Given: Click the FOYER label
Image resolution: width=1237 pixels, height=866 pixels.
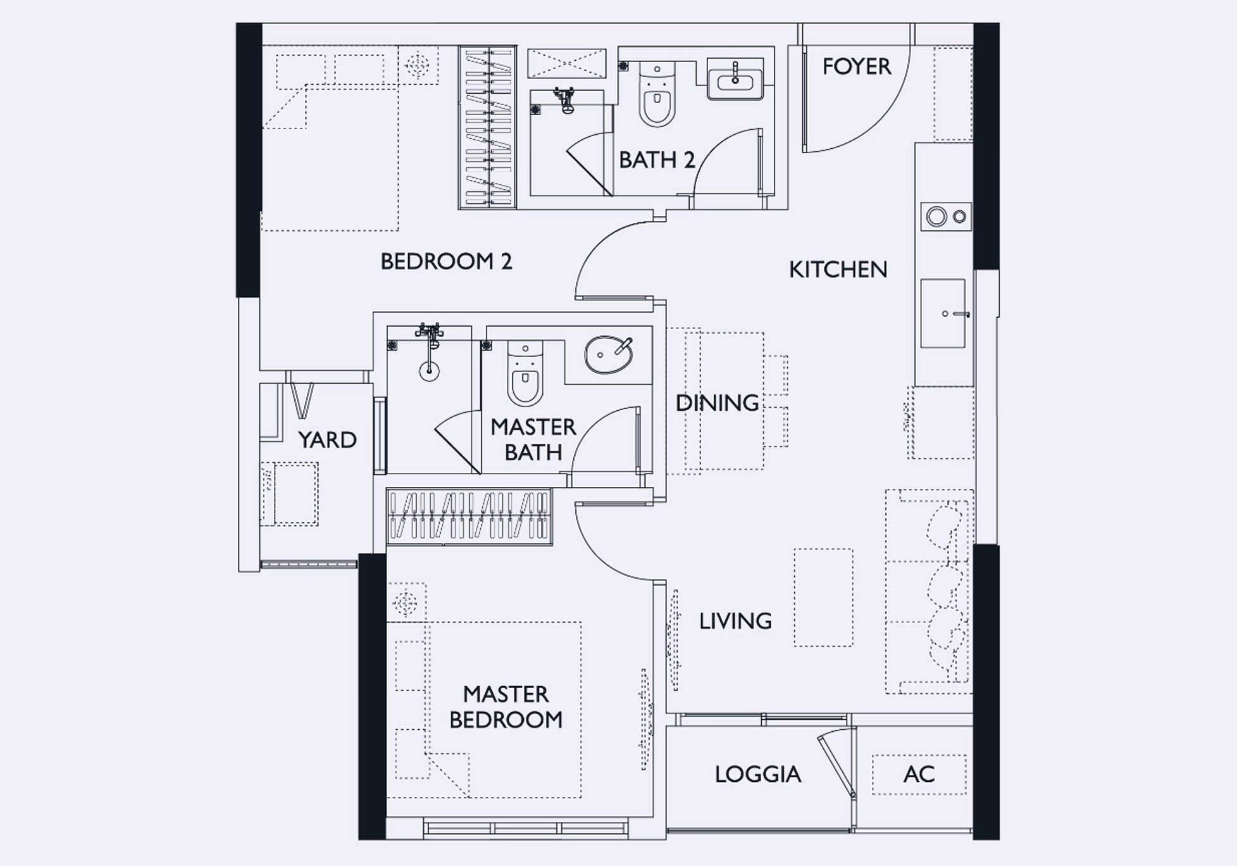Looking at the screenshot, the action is [856, 66].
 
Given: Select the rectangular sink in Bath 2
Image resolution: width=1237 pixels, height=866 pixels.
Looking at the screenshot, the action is [735, 79].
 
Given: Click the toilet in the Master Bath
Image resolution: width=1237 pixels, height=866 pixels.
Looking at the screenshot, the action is [525, 373].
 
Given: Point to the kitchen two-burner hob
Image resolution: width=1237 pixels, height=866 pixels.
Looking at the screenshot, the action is [946, 217].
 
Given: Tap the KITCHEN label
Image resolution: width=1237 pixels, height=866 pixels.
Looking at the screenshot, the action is [838, 270].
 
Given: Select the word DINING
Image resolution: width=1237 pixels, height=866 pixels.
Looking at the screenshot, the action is [717, 403].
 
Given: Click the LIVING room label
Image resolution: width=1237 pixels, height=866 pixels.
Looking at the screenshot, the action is [735, 621].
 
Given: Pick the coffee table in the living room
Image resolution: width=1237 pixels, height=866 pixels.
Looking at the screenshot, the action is [823, 598].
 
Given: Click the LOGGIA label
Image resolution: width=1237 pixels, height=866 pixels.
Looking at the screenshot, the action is [758, 774].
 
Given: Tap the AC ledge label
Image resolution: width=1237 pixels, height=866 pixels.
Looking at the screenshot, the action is [919, 774].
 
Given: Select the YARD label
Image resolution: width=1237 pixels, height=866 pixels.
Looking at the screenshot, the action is [327, 440].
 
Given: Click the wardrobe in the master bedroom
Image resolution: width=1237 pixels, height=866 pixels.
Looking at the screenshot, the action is [469, 517].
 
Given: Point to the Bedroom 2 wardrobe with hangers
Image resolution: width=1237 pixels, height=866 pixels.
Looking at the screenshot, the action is [488, 127].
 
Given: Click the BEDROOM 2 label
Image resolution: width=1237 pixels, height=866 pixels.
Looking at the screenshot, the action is [446, 261].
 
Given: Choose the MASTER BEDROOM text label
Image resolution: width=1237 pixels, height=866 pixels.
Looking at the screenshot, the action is [506, 707].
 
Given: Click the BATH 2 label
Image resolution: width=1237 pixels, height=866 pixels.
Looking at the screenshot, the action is [657, 160].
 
